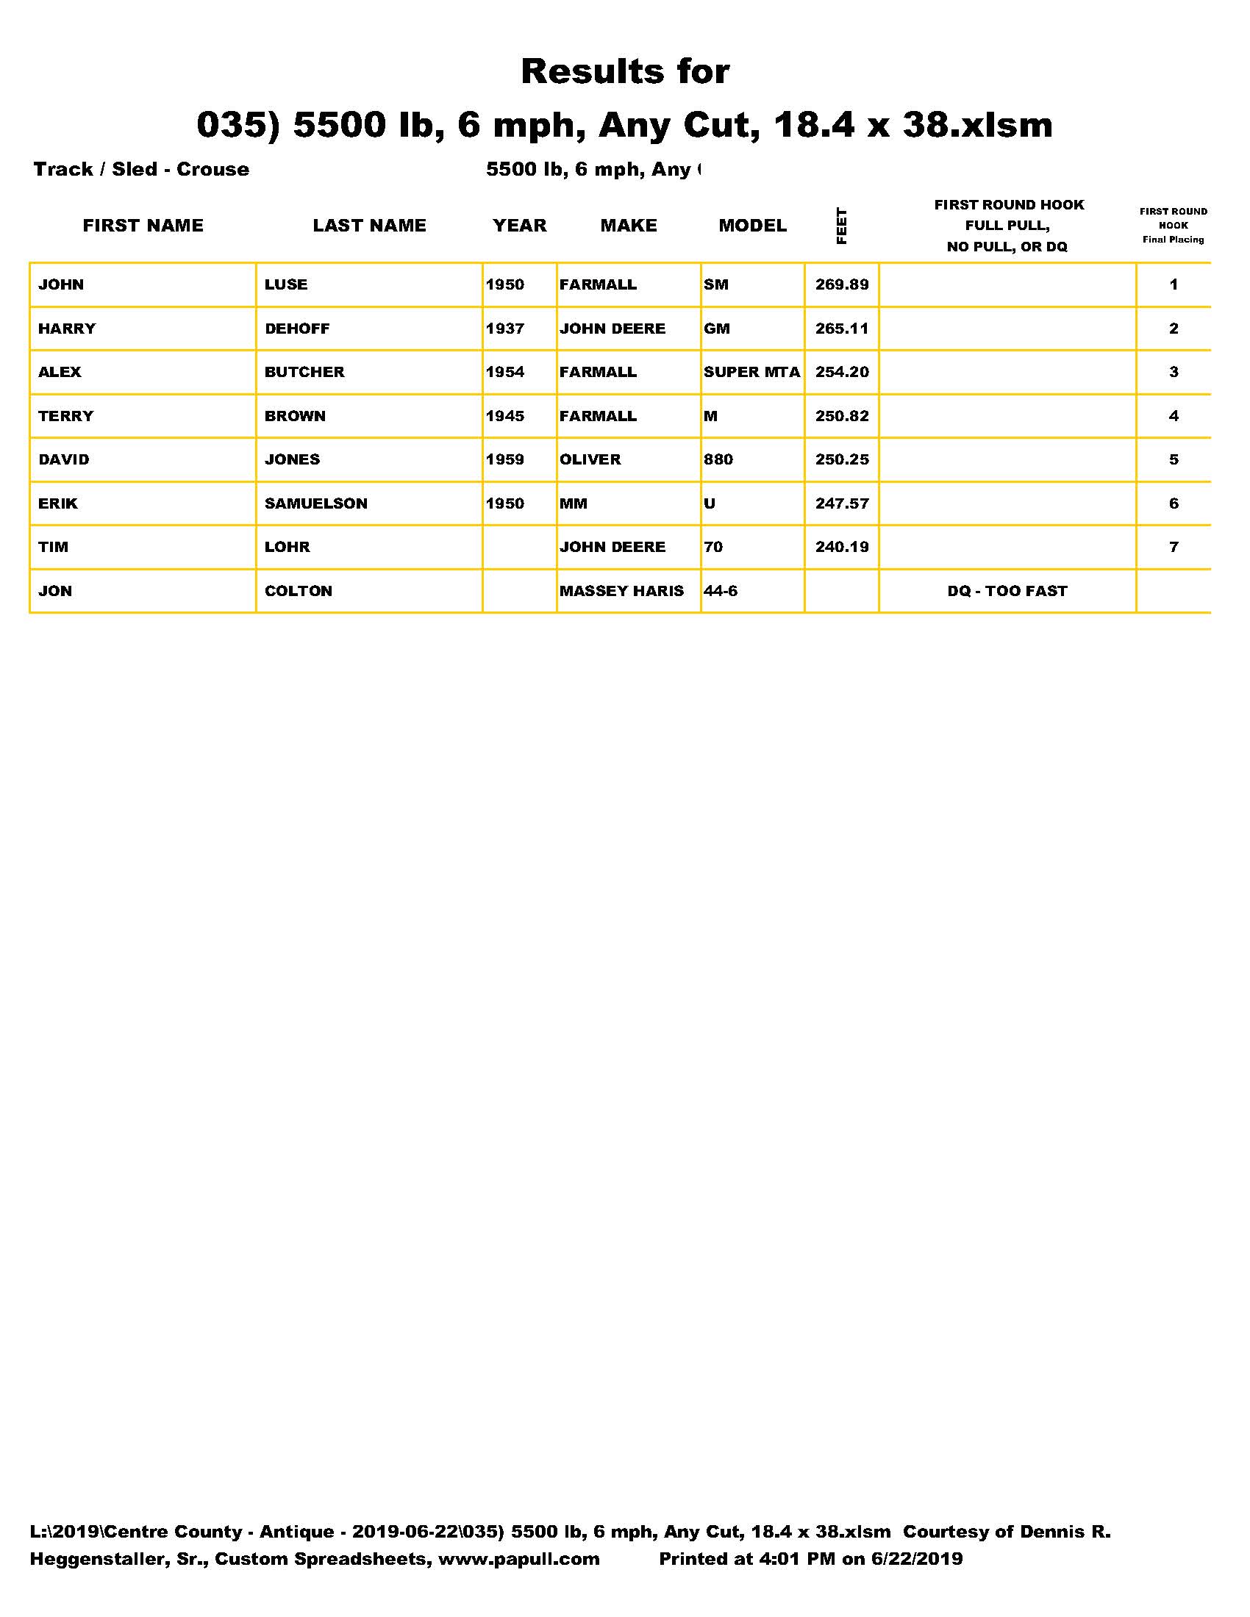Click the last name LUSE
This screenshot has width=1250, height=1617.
286,284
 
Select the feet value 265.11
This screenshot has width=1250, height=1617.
842,328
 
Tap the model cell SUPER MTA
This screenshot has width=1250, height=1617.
751,372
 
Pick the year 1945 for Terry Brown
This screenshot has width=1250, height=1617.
505,416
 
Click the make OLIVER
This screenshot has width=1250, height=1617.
590,459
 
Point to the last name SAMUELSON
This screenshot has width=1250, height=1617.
316,503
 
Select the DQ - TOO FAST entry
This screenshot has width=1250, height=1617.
1007,591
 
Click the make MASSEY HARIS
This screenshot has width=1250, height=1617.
622,591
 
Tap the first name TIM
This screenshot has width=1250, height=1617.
54,547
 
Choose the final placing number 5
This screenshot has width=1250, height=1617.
1174,459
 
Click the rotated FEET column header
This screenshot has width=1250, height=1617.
841,226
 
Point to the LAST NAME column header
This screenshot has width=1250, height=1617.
370,226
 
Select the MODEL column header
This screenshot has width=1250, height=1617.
752,226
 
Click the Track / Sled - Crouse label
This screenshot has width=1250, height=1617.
141,169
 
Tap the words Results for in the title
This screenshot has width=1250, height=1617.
625,72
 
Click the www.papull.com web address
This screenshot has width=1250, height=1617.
519,1559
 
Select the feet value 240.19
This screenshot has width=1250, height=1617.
842,547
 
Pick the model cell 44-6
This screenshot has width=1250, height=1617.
721,591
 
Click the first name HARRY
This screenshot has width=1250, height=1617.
68,328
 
